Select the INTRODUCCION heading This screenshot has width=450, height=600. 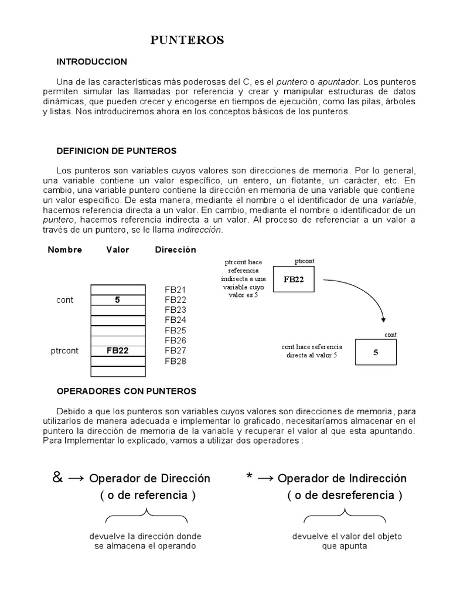(91, 62)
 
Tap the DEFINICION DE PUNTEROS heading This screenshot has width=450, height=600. (116, 151)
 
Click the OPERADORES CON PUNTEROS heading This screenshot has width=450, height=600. (126, 391)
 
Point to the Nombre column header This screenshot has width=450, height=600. (64, 250)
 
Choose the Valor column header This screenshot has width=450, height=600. (118, 250)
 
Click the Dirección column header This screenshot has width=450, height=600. (175, 250)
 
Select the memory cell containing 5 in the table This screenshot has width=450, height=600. (117, 300)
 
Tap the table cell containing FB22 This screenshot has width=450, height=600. (117, 351)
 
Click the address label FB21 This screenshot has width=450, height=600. (175, 290)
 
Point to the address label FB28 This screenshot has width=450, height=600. (175, 361)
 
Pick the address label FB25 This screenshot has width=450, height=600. (175, 330)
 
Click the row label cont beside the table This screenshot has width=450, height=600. (65, 300)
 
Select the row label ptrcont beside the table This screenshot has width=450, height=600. (65, 351)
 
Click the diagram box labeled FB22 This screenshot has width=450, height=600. (294, 279)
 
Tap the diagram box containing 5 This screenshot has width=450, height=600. (376, 353)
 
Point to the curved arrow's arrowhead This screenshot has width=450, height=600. (383, 319)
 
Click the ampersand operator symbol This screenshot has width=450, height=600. (57, 478)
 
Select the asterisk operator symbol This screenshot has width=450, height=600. (250, 478)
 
